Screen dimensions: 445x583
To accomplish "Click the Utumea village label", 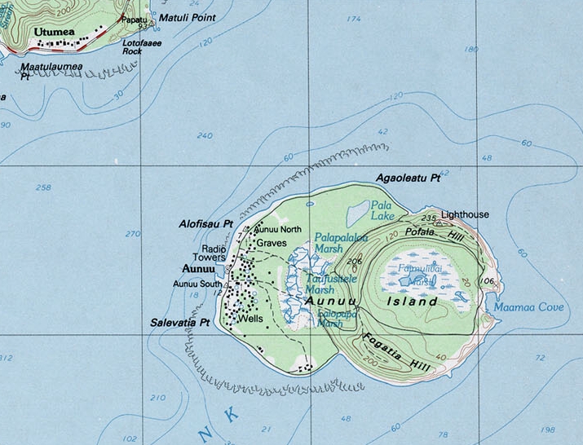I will [x=54, y=32].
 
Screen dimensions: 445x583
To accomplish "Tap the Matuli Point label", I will [x=187, y=17].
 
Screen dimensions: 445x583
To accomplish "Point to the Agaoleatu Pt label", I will [x=407, y=177].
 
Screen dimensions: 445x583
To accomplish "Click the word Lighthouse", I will [x=465, y=214].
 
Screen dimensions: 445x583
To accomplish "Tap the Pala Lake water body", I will [x=357, y=214].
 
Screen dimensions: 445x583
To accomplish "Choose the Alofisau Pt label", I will [x=205, y=223].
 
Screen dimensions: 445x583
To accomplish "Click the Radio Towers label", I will [x=214, y=253].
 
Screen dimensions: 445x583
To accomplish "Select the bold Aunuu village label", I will [x=198, y=268].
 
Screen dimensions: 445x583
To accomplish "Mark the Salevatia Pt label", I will [x=180, y=323].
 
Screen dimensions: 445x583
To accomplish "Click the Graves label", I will [x=272, y=243].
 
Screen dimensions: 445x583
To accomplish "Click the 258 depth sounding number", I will [x=43, y=187].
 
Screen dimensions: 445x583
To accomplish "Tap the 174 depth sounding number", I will [x=353, y=19].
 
